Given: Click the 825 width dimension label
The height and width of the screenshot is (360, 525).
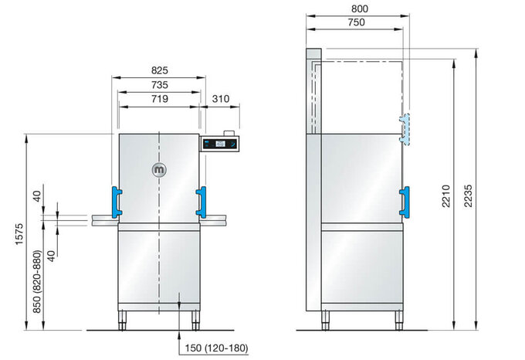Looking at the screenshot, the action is (x=159, y=70).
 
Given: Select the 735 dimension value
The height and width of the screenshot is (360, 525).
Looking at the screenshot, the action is (x=159, y=85).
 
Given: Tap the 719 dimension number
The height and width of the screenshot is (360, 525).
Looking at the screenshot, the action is (x=159, y=99).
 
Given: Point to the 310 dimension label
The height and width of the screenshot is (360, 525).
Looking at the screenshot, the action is (x=221, y=99).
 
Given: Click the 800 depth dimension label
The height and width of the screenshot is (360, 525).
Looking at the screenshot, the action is (x=360, y=8).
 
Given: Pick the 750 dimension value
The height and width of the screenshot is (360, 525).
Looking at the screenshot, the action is (x=356, y=22).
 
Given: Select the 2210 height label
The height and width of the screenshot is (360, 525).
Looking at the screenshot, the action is (x=445, y=196).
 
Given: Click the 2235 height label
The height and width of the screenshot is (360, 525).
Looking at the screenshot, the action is (x=468, y=196).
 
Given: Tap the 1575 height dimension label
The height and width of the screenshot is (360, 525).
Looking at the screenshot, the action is (x=19, y=234).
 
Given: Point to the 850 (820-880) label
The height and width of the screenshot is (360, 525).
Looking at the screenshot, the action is (x=37, y=282).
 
